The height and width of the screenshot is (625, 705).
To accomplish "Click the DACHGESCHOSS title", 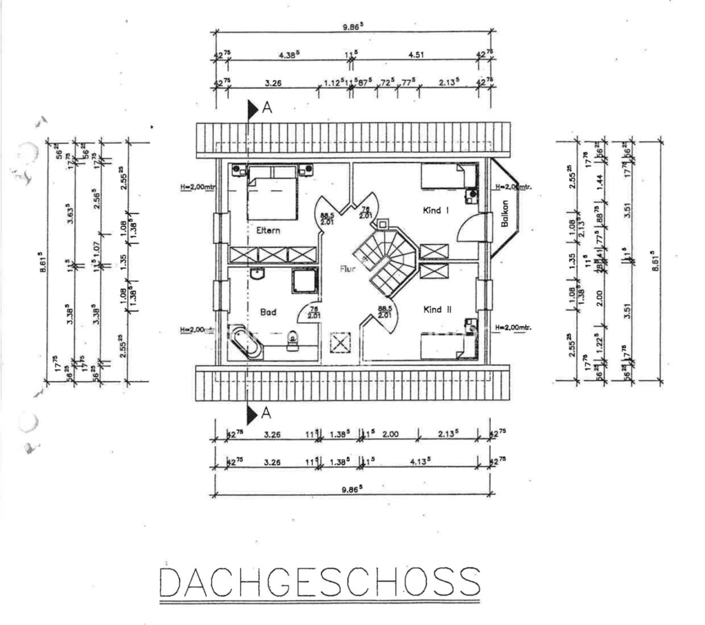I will pos(319,582).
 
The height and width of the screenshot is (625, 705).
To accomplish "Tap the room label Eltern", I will pos(269,231).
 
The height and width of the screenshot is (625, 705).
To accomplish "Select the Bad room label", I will pos(269,312).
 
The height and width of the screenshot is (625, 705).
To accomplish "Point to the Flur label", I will pos(348,269).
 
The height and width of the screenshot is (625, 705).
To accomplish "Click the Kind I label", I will pos(436,211).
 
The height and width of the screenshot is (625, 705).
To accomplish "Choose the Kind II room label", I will pos(437,310).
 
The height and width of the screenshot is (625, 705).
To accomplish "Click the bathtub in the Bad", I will pos(246,341).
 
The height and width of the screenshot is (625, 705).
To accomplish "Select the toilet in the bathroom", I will pos(292,338).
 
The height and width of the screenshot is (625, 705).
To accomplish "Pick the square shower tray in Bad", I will pos(305,281).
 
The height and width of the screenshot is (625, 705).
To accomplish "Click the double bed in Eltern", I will pos(273,193).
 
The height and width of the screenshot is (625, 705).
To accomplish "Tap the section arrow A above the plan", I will pos(253,108).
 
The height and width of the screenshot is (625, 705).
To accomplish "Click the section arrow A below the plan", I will pos(253,413).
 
